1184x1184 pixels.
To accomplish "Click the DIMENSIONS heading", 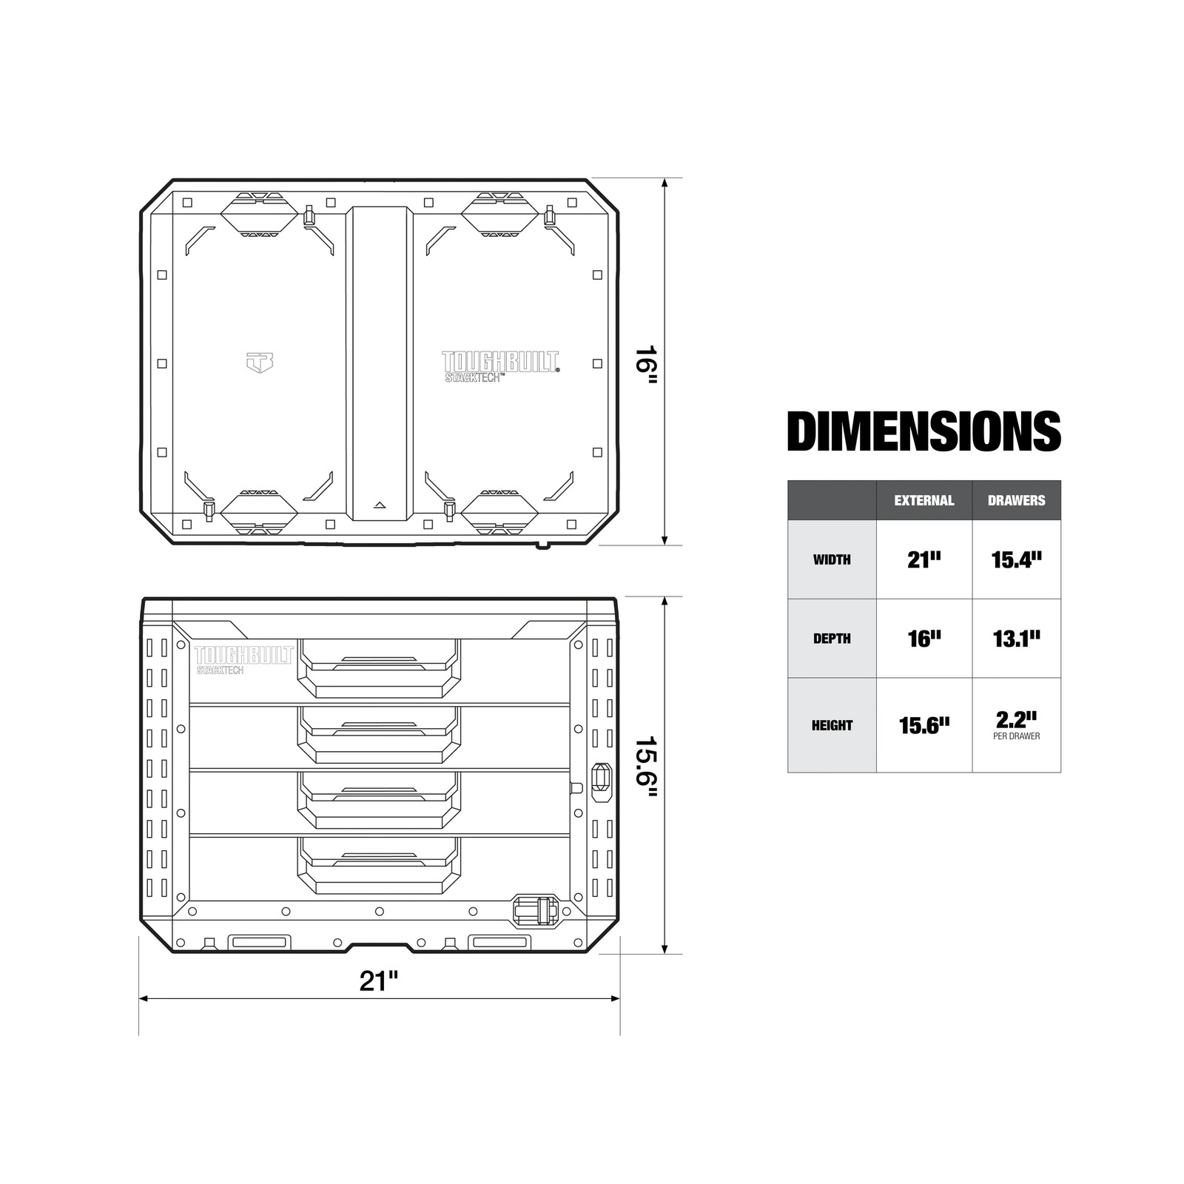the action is tap(924, 431).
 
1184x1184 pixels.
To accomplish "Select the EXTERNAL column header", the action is tap(924, 500).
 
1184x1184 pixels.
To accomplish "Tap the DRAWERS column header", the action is tap(1017, 500).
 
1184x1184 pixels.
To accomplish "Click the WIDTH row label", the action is tap(832, 560).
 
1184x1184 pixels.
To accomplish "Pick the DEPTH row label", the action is tap(832, 639).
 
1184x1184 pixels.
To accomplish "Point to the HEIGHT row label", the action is tap(832, 725).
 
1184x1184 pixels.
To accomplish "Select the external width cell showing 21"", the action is tap(924, 559).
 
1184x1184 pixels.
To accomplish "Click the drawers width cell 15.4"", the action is tap(1017, 559).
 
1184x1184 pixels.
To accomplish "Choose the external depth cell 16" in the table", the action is tap(924, 638).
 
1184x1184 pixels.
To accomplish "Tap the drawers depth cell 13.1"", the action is tap(1017, 638).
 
